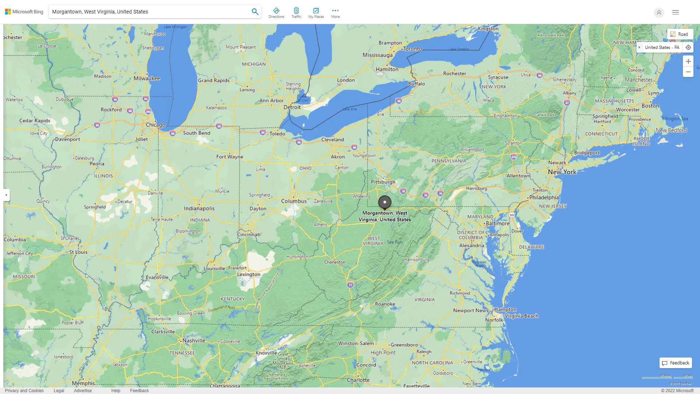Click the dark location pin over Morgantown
(x=385, y=202)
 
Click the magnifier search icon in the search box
(x=255, y=12)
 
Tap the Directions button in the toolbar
(x=276, y=13)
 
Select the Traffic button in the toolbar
(x=296, y=13)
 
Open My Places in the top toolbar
(x=316, y=13)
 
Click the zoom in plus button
(x=688, y=61)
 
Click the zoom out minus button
(x=688, y=72)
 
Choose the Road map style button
(x=680, y=34)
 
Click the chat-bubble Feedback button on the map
(x=676, y=363)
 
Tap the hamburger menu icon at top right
(x=676, y=12)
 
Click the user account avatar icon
(x=659, y=12)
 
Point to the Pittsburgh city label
(x=383, y=182)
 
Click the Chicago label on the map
(x=155, y=125)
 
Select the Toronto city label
(x=412, y=49)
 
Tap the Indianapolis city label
(x=199, y=208)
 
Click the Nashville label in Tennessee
(x=194, y=340)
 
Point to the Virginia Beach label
(x=521, y=316)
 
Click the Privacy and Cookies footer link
(x=24, y=390)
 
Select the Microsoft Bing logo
(x=24, y=12)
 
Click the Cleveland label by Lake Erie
(x=332, y=139)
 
